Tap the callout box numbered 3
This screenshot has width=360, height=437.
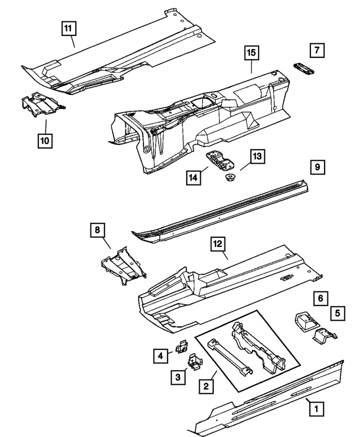[178, 377]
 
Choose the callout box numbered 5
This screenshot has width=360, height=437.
[337, 313]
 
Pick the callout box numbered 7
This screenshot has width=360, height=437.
[317, 50]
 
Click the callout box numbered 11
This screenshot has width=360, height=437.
[68, 27]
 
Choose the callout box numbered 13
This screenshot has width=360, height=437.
[257, 157]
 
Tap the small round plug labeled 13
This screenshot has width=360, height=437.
[229, 178]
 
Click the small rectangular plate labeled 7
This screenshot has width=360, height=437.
[303, 67]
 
